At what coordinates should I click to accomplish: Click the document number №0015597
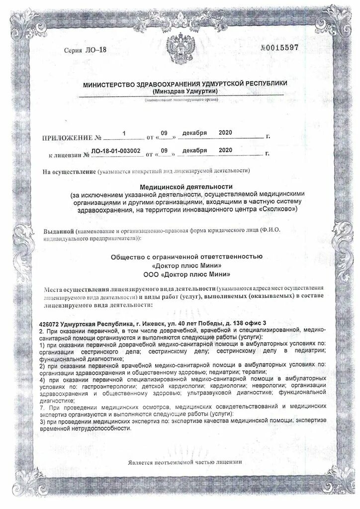point(279,48)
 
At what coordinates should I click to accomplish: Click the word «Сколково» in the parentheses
point(277,210)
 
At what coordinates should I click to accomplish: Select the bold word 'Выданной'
point(59,232)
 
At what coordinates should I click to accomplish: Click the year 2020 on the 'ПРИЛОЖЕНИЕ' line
point(226,133)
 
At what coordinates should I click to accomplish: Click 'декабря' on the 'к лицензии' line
point(194,150)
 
